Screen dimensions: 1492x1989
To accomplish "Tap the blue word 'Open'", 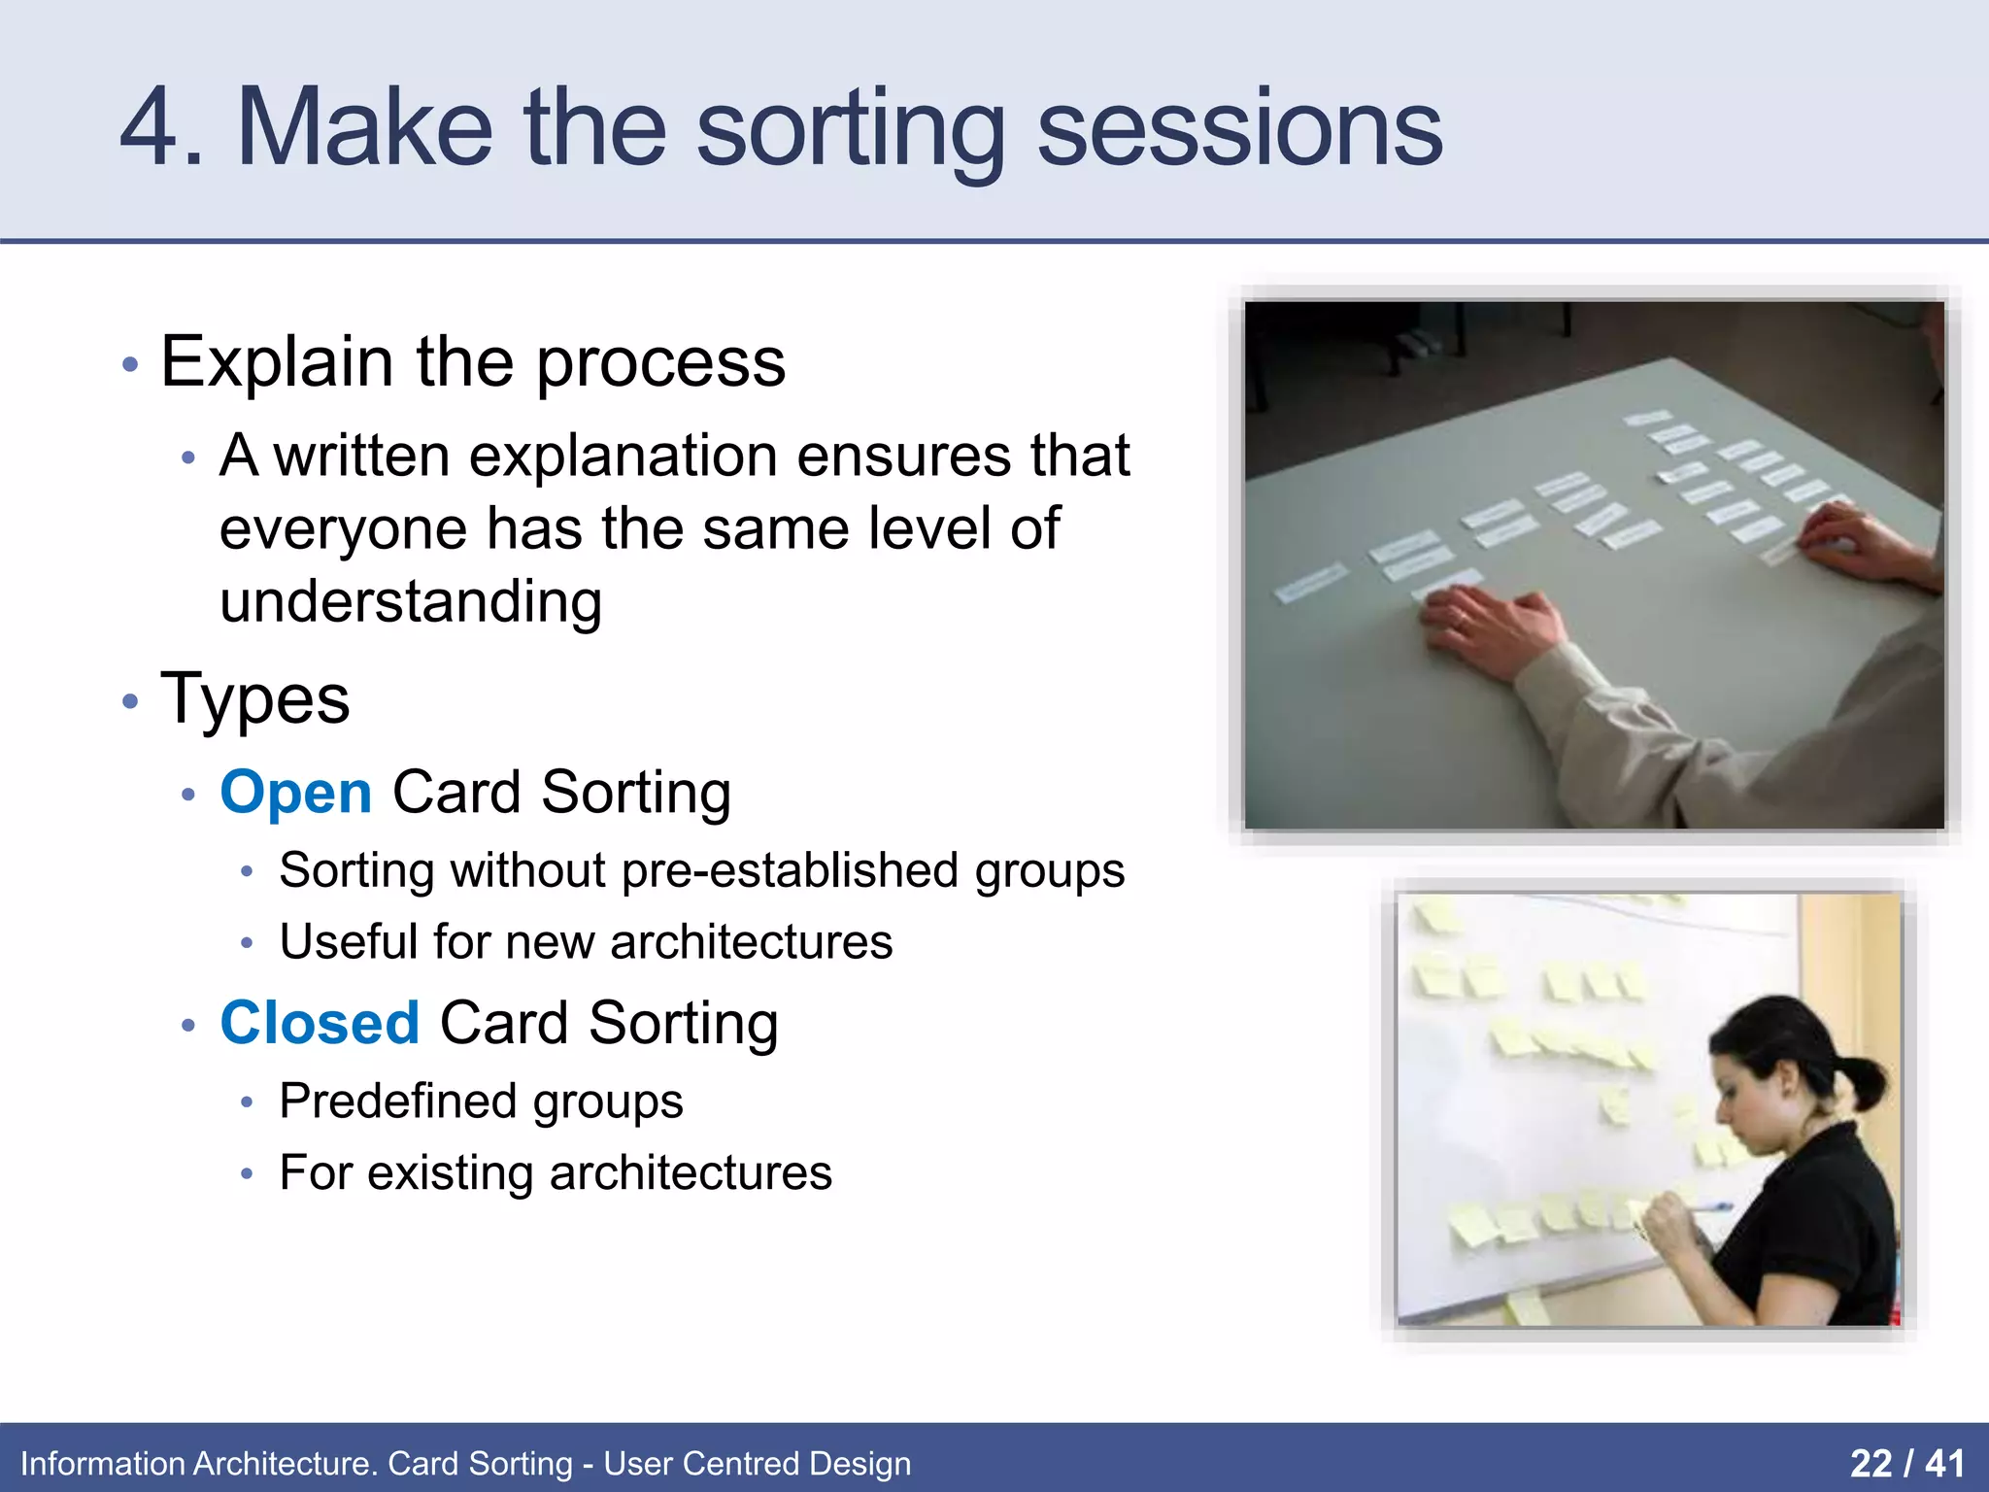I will [x=296, y=793].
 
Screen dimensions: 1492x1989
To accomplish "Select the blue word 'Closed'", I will [x=320, y=1023].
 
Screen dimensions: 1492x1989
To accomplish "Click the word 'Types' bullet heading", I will [x=255, y=698].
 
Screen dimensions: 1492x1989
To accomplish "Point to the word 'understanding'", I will [x=411, y=602].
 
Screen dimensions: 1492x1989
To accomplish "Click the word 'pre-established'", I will [x=790, y=869].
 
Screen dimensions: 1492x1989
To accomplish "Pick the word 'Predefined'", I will [x=397, y=1101].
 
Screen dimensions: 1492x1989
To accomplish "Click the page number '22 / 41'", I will [x=1906, y=1463].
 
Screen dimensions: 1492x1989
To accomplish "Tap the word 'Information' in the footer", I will [x=102, y=1464].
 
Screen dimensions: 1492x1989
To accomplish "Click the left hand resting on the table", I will [x=1486, y=631].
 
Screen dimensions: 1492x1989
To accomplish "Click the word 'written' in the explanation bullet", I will [x=362, y=456].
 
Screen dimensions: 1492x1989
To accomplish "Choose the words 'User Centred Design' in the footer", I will [x=758, y=1464].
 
